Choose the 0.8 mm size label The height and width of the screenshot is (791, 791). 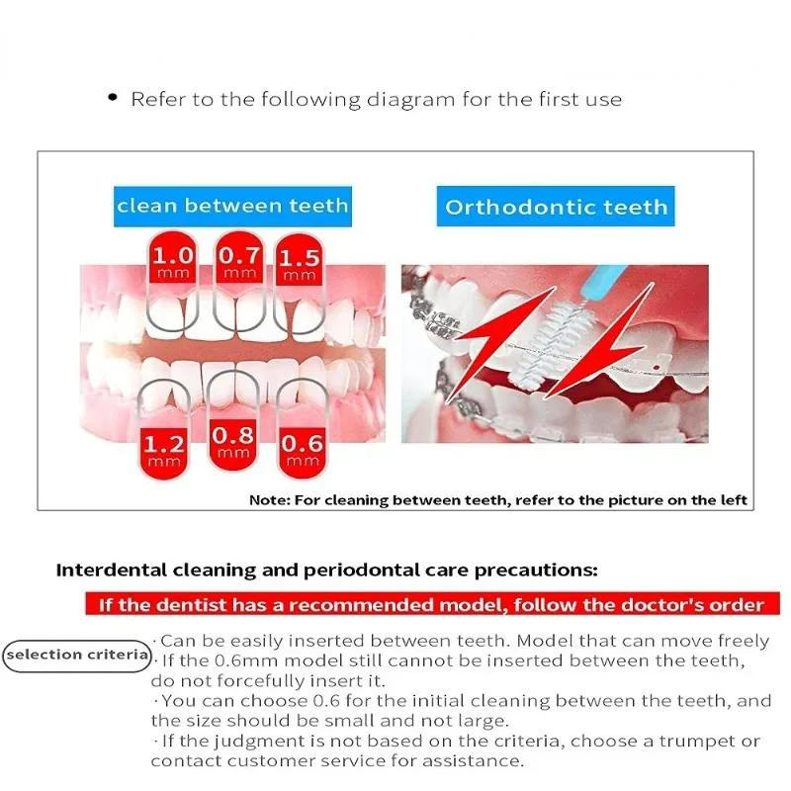tap(233, 443)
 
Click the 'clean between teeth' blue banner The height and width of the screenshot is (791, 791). tap(232, 207)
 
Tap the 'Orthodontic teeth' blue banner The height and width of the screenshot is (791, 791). tap(556, 207)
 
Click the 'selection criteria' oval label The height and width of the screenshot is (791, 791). tap(77, 656)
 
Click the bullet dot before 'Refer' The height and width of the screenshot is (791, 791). tap(113, 97)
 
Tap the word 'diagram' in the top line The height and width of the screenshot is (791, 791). tap(410, 100)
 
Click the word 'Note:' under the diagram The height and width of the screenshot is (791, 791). tap(269, 500)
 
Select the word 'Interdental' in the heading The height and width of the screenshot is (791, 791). tap(112, 571)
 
